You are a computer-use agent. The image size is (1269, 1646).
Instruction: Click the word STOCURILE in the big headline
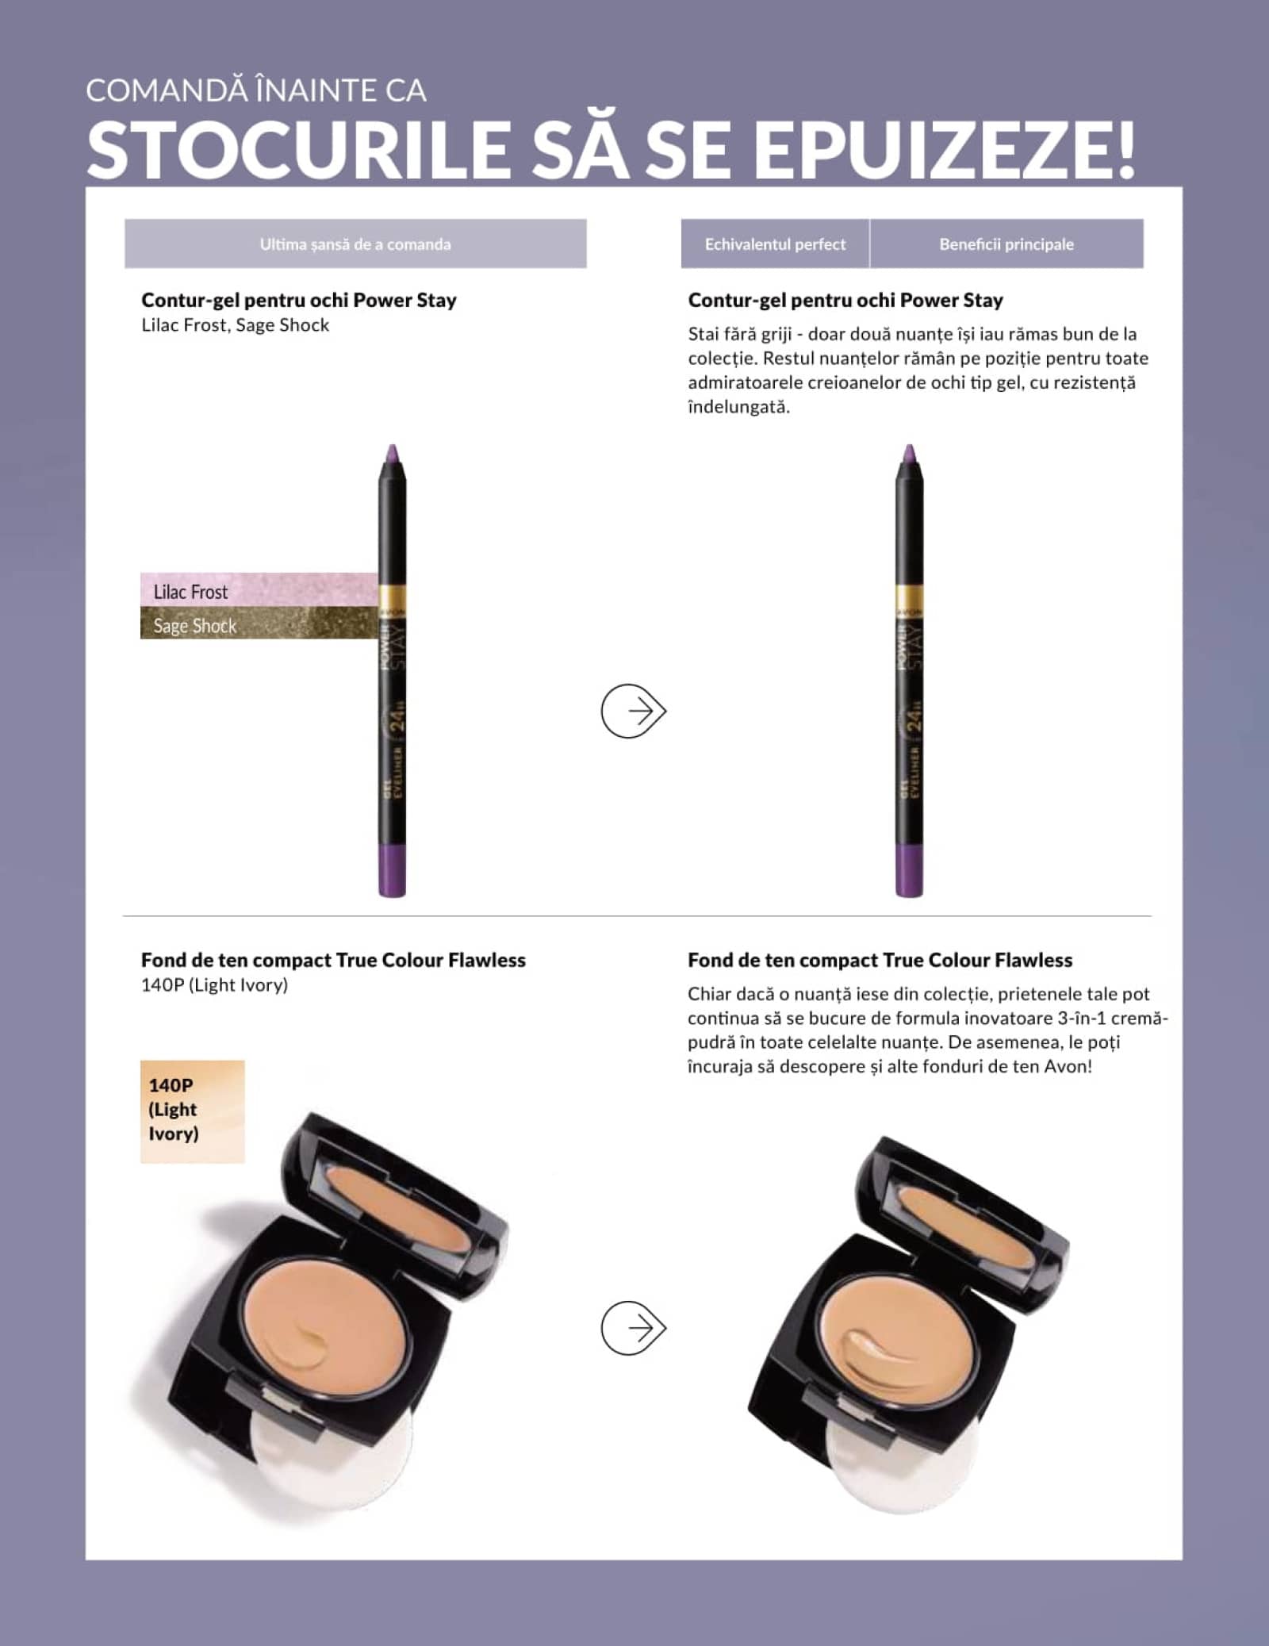(299, 148)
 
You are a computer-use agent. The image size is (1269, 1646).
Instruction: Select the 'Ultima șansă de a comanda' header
(355, 244)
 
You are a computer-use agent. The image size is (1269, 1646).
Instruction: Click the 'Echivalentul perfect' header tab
(775, 244)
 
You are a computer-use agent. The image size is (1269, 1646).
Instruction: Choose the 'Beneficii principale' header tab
(1006, 244)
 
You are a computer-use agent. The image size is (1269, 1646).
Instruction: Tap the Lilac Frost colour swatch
(259, 590)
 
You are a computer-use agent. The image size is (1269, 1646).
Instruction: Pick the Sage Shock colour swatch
(259, 623)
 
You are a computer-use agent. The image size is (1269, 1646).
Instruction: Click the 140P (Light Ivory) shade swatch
(193, 1111)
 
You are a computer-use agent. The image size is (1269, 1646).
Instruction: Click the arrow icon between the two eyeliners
(633, 711)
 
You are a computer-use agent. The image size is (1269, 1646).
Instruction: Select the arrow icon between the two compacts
(633, 1328)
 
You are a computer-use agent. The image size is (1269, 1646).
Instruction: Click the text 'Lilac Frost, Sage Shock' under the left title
(236, 325)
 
